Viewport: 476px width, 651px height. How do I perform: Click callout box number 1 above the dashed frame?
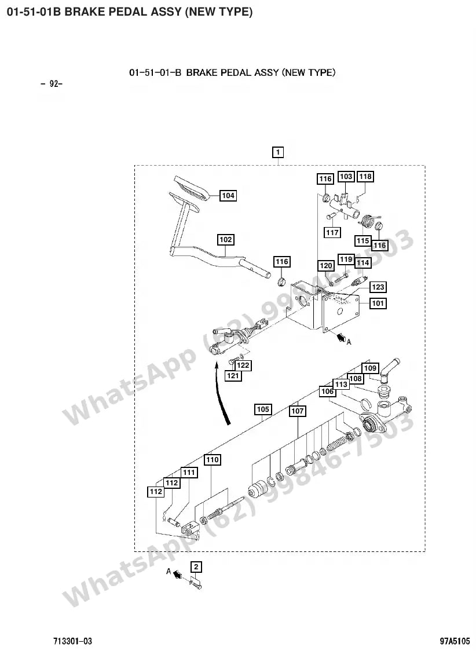coord(277,152)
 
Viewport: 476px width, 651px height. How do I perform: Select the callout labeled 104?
coord(228,196)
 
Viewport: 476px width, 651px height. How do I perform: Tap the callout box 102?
coord(225,240)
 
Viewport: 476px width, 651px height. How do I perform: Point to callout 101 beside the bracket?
coord(378,303)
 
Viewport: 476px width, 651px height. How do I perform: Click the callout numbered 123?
coord(378,287)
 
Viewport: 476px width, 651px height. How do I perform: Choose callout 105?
coord(263,409)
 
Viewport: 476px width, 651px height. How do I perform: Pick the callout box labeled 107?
coord(298,411)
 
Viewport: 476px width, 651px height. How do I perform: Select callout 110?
coord(212,460)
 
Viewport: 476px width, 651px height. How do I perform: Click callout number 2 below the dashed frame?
coord(196,566)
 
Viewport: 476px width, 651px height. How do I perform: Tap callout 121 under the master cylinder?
coord(233,375)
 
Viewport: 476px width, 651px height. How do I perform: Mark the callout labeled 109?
coord(370,368)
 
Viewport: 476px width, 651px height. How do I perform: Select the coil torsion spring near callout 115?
coord(367,220)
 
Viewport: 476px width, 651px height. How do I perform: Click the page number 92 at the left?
coord(52,83)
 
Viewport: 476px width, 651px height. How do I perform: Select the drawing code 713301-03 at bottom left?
coord(72,641)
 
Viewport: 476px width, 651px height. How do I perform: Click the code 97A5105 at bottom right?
coord(455,641)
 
